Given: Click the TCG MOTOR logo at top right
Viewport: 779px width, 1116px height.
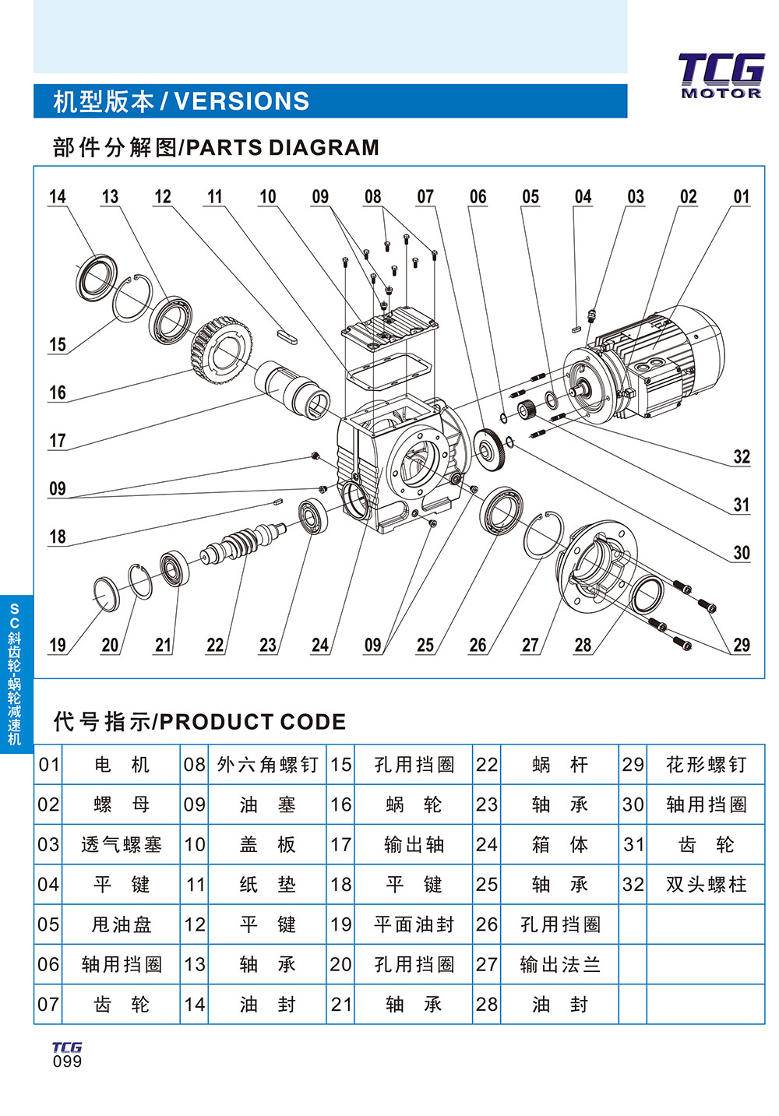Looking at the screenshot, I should [721, 76].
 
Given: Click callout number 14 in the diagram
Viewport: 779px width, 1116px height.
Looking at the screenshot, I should [58, 196].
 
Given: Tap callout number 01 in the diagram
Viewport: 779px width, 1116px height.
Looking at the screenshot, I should [741, 196].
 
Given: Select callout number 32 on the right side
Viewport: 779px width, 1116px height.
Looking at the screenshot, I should [741, 456].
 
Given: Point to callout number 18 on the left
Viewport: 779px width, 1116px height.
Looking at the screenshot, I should [58, 537].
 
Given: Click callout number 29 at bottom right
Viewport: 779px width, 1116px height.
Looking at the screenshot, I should [741, 645].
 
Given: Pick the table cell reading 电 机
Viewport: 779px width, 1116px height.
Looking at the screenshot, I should [121, 765].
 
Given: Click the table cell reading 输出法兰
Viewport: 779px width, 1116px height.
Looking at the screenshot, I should [560, 965].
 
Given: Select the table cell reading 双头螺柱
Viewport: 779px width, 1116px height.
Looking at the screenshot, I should [706, 885].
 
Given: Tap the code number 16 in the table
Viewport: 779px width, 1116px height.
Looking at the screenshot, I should [340, 804].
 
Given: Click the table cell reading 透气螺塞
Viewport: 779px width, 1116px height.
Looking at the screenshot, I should [121, 845].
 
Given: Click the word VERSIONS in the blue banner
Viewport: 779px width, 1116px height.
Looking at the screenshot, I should [241, 101].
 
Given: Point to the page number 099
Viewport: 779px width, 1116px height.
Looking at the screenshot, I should [67, 1061].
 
